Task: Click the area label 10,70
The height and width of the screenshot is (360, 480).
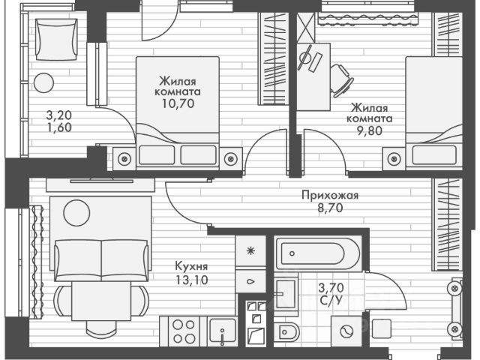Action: click(177, 105)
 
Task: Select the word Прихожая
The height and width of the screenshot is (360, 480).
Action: click(330, 196)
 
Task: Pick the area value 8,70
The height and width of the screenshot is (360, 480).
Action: click(330, 210)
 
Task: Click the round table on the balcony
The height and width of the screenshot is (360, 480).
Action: click(43, 81)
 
